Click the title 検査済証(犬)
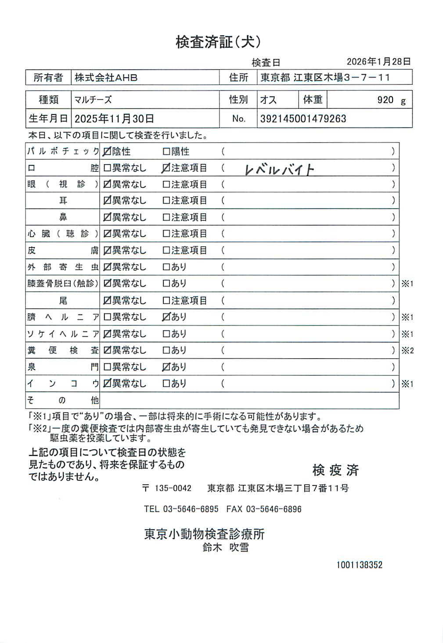(218, 42)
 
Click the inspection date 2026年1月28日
(378, 62)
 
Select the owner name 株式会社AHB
(106, 78)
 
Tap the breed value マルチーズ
(93, 100)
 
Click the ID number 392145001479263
(303, 119)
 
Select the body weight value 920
(385, 100)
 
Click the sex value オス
(268, 100)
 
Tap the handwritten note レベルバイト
(279, 169)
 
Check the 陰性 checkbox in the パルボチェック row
(107, 152)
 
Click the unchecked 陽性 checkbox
(166, 152)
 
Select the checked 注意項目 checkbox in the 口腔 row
(166, 168)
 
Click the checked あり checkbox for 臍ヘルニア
(166, 317)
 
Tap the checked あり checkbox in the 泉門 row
(166, 367)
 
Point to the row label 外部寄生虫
(63, 267)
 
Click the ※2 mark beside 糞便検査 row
(407, 351)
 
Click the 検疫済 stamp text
(335, 471)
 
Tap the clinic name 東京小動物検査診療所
(205, 534)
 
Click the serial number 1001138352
(359, 565)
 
